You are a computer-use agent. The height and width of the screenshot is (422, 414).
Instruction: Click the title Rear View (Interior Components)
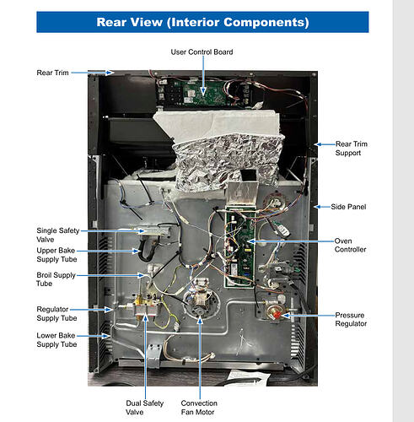[202, 22]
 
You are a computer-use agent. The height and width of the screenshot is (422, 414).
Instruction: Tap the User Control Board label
[202, 52]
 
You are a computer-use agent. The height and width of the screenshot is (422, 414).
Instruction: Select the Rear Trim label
[52, 73]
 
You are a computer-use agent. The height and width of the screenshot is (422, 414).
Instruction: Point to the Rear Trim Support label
[352, 149]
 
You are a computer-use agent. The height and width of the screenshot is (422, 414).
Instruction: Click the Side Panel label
[348, 207]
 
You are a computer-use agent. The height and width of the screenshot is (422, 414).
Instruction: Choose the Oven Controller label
[350, 245]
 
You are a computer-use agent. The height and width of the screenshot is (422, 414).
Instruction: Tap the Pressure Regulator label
[351, 319]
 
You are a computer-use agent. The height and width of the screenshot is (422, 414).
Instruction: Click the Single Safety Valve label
[58, 235]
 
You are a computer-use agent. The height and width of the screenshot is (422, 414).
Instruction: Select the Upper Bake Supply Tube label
[56, 255]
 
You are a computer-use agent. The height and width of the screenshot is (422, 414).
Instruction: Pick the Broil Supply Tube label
[56, 279]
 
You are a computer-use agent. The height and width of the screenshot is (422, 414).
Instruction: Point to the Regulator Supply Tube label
[56, 314]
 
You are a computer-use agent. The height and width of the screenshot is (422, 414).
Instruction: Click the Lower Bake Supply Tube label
[56, 340]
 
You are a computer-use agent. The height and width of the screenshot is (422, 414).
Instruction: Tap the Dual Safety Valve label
[144, 408]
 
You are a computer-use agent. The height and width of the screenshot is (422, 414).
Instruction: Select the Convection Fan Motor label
[199, 408]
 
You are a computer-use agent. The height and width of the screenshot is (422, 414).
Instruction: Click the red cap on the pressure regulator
[277, 315]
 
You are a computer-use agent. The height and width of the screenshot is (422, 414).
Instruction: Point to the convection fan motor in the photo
[200, 299]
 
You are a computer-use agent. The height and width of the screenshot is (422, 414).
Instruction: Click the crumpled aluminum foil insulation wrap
[227, 160]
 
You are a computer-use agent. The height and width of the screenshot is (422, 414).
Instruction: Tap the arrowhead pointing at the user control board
[203, 92]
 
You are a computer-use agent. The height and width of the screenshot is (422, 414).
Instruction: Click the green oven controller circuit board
[239, 247]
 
